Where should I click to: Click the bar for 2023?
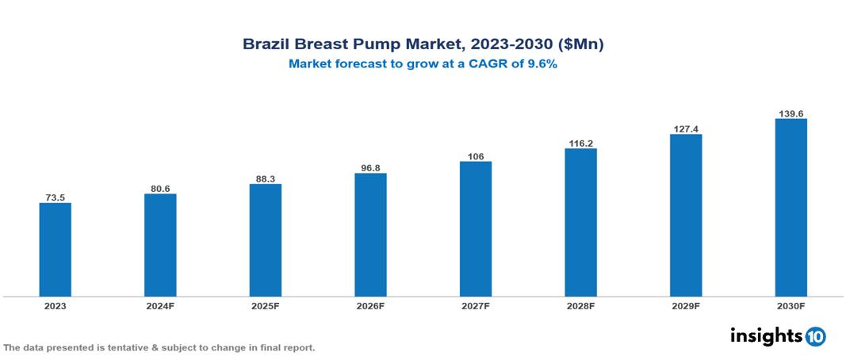55,250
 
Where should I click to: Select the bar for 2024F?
160,245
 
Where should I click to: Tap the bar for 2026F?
370,235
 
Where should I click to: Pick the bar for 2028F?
580,222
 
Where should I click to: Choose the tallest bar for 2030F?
790,208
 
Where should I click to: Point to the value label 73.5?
55,197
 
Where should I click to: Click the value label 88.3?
265,178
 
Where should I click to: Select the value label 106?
475,156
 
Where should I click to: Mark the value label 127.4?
686,128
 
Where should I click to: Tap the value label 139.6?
790,113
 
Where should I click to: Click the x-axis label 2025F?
265,305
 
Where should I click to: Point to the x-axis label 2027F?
475,305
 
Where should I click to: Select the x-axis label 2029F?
686,305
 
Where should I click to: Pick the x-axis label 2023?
55,305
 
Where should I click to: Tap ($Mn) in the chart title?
579,45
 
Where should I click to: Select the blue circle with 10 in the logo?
815,336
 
